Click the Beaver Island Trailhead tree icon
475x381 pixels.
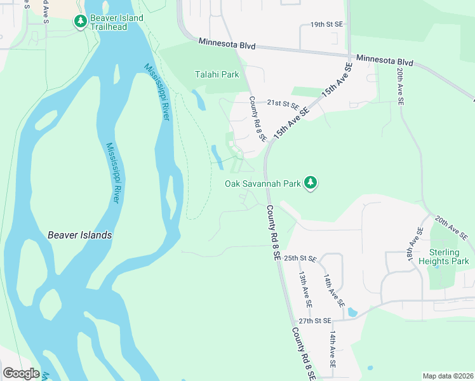[80, 22]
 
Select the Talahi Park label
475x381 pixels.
[217, 74]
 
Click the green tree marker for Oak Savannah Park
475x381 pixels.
[310, 184]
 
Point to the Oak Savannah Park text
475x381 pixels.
[262, 184]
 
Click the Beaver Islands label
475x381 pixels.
[80, 235]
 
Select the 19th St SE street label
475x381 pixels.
[326, 24]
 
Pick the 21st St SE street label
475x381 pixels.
[283, 102]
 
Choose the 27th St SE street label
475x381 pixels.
[316, 321]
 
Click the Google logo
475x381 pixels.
[21, 373]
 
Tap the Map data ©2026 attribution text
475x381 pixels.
[448, 376]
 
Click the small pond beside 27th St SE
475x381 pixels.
[352, 312]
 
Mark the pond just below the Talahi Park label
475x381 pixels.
[198, 99]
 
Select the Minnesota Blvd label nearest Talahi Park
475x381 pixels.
[227, 44]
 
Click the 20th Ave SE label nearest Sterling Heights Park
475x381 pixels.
[452, 228]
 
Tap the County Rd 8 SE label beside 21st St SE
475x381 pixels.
[257, 119]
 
